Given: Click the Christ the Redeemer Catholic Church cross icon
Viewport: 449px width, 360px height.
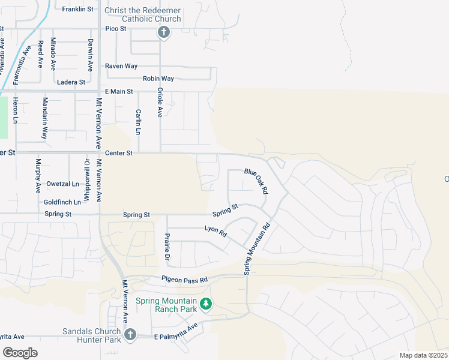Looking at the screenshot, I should pyautogui.click(x=163, y=32).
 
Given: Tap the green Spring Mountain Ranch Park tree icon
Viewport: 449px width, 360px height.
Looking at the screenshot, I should pyautogui.click(x=206, y=304).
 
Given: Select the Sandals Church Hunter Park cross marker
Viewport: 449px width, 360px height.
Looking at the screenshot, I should pyautogui.click(x=130, y=334).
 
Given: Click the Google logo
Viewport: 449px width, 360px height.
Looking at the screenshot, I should pyautogui.click(x=20, y=352).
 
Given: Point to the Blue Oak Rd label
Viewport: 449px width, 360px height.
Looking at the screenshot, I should pyautogui.click(x=256, y=181).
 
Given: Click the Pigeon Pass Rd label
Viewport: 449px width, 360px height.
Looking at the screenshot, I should pyautogui.click(x=184, y=279).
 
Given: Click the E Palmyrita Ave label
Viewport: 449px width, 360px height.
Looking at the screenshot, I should pyautogui.click(x=175, y=332).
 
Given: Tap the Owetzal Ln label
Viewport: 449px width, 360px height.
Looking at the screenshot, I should pyautogui.click(x=62, y=184).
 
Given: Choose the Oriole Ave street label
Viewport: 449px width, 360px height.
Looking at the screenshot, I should pyautogui.click(x=160, y=102).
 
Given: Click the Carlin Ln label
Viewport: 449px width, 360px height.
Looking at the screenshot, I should pyautogui.click(x=139, y=122).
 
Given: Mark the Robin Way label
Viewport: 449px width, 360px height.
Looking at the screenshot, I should pyautogui.click(x=158, y=79).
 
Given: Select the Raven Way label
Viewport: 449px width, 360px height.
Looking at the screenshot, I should pyautogui.click(x=121, y=66).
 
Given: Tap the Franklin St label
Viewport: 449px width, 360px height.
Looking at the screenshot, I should pyautogui.click(x=78, y=9).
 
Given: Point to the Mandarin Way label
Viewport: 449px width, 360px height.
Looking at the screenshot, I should pyautogui.click(x=44, y=118).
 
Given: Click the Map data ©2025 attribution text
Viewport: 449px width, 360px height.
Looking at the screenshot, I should pyautogui.click(x=423, y=355).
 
